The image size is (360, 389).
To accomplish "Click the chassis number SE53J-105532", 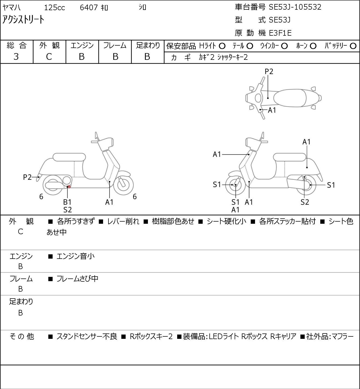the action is (x=295, y=7).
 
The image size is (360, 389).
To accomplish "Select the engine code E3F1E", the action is (x=280, y=33).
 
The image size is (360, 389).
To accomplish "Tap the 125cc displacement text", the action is (x=54, y=8).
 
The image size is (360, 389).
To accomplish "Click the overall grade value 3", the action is (x=16, y=57).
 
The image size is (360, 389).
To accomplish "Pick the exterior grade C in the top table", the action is (x=49, y=57).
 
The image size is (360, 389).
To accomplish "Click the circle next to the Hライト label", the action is (x=222, y=46).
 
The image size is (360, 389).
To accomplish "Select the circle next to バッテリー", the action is (x=353, y=46).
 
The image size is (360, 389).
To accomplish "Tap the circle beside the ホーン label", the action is (x=313, y=46).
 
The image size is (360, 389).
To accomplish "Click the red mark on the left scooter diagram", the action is (x=69, y=187).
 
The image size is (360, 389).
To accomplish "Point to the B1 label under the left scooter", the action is (x=67, y=202).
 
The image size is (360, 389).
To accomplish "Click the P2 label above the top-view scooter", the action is (x=269, y=71).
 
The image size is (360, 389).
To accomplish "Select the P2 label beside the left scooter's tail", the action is (x=27, y=177).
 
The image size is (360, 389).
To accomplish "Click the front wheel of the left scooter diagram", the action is (x=123, y=185).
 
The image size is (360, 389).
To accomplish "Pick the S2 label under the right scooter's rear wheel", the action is (x=305, y=202).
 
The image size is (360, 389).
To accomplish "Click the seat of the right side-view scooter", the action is (x=290, y=157).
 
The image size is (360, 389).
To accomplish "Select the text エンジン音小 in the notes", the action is (x=75, y=256).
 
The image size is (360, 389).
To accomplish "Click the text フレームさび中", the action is (x=77, y=279).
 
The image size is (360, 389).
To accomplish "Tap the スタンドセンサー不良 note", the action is (x=87, y=336).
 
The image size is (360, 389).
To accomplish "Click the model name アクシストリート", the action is (x=23, y=20).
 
